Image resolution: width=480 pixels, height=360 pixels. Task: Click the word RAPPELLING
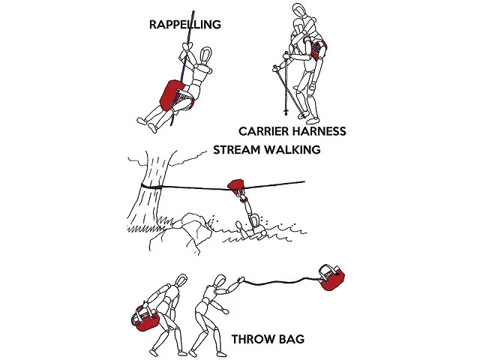coord(185,25)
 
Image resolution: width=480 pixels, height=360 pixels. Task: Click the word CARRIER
coord(263,131)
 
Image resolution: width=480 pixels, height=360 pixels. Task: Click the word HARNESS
coord(319,131)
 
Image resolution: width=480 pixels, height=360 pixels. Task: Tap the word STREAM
coord(235,150)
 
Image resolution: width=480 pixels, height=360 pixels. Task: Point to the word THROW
coord(253,339)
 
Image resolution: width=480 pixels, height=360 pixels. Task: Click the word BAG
coord(292,339)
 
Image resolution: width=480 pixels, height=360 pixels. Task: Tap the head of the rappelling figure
coord(205,55)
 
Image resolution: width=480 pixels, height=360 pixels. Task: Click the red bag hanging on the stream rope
coord(237,186)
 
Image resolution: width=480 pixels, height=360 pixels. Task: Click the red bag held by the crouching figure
coord(145,319)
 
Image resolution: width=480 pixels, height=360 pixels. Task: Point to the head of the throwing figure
coord(220,282)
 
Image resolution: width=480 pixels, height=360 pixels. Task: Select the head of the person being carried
coord(300,10)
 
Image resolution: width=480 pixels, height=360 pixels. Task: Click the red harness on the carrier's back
coord(319,49)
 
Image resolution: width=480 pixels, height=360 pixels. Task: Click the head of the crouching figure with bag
coord(181,280)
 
